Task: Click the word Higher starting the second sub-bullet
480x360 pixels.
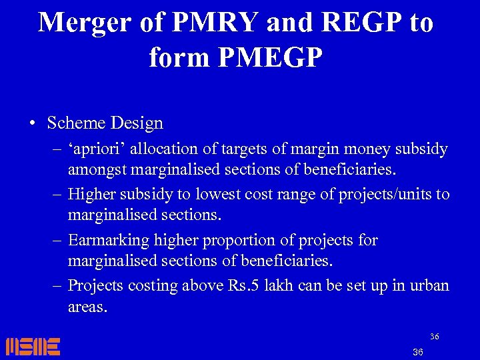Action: tap(90, 195)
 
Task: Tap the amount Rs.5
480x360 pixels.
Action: tap(244, 285)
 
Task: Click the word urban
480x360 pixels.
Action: tap(431, 285)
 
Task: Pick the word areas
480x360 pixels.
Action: tap(87, 307)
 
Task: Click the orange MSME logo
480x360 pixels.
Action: tap(33, 346)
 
